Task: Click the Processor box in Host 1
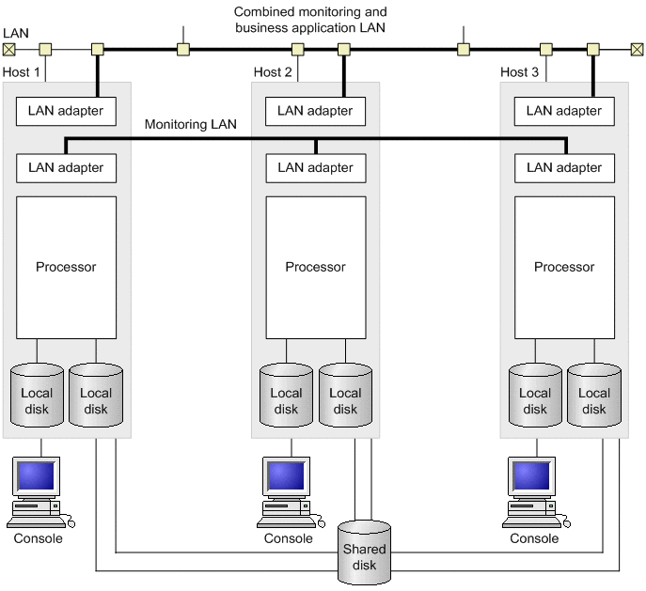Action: [66, 267]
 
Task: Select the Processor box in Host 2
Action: [315, 267]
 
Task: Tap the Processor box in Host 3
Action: [564, 267]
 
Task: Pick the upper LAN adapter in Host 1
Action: [66, 111]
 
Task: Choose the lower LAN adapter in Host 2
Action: [315, 168]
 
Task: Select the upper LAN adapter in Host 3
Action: [564, 111]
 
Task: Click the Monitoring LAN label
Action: [190, 124]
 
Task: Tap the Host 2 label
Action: [273, 72]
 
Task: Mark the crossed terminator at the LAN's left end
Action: [9, 49]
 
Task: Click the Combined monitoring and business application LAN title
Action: [310, 20]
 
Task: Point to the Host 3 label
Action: [520, 72]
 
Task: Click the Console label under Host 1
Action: [39, 538]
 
